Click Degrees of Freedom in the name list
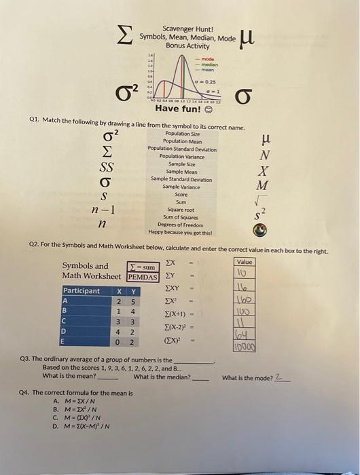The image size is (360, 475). click(181, 224)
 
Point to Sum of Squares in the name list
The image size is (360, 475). click(181, 216)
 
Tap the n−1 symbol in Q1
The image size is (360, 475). click(103, 210)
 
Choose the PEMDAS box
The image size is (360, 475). click(143, 276)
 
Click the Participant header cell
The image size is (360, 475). click(82, 290)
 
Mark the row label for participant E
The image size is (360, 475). click(65, 342)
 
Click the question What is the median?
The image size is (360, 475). click(162, 377)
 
